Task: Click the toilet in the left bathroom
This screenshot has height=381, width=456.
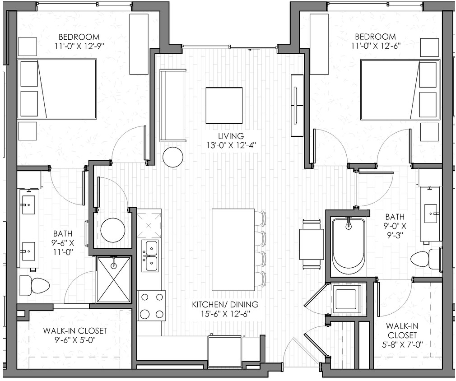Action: [35, 286]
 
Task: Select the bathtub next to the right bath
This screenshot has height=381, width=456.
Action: [348, 246]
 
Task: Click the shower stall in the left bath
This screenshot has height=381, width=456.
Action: [113, 279]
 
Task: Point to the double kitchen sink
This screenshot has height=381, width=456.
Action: [150, 256]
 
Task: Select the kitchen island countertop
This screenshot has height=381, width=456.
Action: [233, 250]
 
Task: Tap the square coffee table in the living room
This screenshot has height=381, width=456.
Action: [224, 105]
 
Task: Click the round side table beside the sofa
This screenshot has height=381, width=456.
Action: [173, 157]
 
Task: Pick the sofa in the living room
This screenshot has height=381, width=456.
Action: [172, 106]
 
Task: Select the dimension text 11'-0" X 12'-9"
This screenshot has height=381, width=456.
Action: [82, 46]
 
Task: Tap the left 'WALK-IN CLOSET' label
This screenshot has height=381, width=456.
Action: [75, 331]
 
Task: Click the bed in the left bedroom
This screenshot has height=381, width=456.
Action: [57, 88]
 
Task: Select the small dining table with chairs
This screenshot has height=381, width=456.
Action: [312, 244]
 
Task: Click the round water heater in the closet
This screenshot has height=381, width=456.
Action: [113, 229]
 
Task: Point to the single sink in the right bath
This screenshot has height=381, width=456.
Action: [430, 210]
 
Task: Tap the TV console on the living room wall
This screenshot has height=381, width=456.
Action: [298, 105]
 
